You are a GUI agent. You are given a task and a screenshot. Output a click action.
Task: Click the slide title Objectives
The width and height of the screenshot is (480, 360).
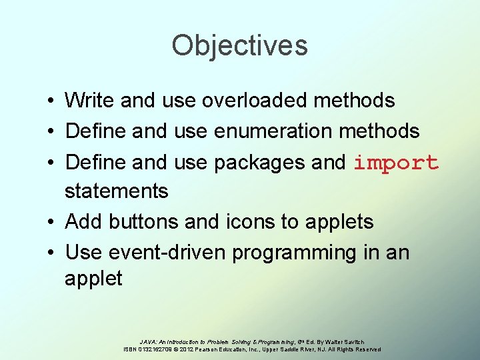pyautogui.click(x=239, y=45)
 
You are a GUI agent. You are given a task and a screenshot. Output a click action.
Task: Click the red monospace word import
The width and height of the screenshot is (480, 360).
pyautogui.click(x=395, y=163)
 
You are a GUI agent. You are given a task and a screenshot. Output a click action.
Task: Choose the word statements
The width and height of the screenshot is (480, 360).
pyautogui.click(x=116, y=191)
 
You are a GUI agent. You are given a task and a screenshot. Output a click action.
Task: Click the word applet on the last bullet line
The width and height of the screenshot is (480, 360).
pyautogui.click(x=93, y=279)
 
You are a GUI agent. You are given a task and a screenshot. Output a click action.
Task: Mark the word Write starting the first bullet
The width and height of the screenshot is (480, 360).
pyautogui.click(x=89, y=101)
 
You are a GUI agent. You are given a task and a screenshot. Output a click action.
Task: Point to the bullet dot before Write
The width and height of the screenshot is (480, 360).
pyautogui.click(x=51, y=101)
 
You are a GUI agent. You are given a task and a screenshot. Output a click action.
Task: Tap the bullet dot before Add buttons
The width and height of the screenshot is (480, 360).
pyautogui.click(x=51, y=222)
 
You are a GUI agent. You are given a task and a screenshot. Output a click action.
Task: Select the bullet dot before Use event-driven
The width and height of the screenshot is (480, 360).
pyautogui.click(x=51, y=253)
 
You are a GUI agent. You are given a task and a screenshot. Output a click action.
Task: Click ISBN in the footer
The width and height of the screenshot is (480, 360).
pyautogui.click(x=131, y=349)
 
